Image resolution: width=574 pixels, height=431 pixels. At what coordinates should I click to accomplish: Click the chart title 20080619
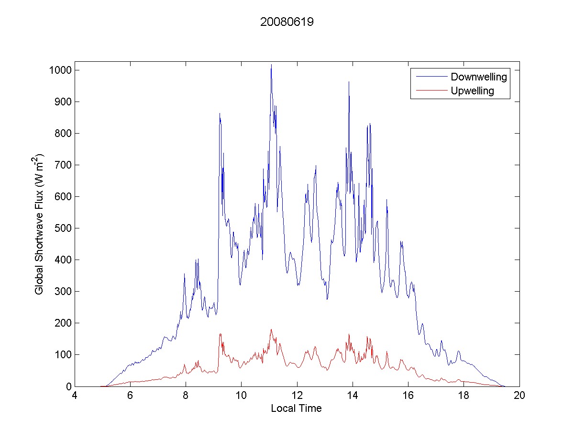(x=287, y=22)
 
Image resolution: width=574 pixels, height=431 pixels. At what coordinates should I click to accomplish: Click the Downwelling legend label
(x=478, y=77)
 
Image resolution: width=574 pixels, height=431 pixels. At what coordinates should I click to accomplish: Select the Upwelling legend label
(x=472, y=91)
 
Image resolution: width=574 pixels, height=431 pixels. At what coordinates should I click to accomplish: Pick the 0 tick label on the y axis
(x=68, y=386)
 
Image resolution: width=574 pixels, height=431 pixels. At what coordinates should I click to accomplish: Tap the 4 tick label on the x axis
(x=75, y=396)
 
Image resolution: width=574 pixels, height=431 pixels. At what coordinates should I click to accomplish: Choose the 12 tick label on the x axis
(x=297, y=396)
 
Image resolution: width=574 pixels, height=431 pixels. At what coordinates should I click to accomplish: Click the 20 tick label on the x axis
(x=519, y=396)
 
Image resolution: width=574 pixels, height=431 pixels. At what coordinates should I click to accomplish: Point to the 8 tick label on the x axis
(x=186, y=396)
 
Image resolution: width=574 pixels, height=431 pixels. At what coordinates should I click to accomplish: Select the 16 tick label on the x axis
(x=408, y=396)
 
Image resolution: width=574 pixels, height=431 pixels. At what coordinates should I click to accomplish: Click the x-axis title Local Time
(x=296, y=408)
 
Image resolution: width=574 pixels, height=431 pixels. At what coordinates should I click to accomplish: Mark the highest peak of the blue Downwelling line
(x=271, y=65)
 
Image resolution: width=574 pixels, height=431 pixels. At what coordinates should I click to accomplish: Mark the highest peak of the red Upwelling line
(x=271, y=329)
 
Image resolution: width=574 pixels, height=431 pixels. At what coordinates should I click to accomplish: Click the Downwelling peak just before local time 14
(x=349, y=82)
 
